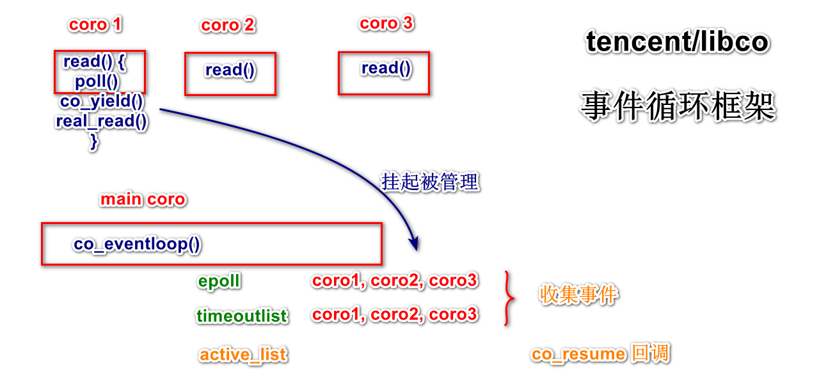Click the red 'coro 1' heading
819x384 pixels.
pos(95,25)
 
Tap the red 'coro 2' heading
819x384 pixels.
pos(228,26)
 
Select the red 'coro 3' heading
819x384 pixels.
pos(386,24)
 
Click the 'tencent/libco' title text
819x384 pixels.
pos(678,42)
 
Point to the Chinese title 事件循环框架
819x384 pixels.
pos(678,106)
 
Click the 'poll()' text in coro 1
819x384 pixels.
pos(97,82)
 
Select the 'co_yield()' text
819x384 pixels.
pos(102,102)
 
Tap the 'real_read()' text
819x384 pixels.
pos(102,121)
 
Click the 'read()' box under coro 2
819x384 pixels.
pos(230,74)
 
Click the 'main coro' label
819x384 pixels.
pos(143,200)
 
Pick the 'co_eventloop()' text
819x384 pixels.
pos(137,244)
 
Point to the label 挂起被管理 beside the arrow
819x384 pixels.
pos(430,182)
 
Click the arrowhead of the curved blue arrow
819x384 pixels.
pos(413,244)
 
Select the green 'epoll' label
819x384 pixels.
pos(219,282)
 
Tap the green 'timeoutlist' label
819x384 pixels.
pos(242,316)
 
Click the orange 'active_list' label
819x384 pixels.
pos(243,355)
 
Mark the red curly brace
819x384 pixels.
pos(509,298)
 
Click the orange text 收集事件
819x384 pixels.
pos(579,295)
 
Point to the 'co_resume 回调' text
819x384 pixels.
pos(600,354)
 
